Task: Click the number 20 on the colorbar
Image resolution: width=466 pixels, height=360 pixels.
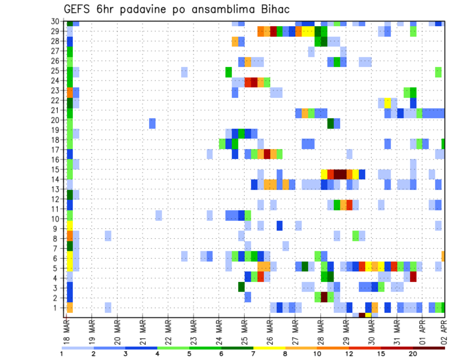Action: click(x=413, y=354)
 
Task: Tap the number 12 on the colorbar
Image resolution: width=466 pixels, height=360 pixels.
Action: click(x=349, y=354)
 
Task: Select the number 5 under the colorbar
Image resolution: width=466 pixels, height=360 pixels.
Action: click(x=189, y=354)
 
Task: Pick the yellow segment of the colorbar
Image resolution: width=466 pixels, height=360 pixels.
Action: click(x=269, y=348)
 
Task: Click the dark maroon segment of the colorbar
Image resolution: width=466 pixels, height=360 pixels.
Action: click(x=429, y=348)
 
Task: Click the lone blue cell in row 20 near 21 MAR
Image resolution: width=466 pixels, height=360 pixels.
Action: click(x=152, y=123)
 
